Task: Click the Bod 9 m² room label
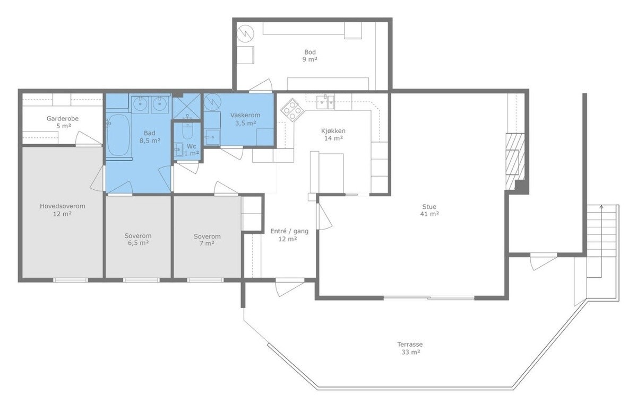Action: point(310,56)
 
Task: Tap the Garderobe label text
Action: point(63,118)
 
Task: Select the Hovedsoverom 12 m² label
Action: point(62,209)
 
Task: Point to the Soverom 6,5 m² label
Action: point(138,239)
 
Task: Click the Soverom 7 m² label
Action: point(207,240)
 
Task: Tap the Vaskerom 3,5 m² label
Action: point(245,119)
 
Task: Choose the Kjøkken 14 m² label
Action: point(333,134)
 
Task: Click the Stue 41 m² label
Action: point(429,210)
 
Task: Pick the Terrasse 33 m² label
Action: point(410,348)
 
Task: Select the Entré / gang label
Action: point(289,231)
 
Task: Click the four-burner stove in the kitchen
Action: point(292,109)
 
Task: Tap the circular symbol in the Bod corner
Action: point(245,34)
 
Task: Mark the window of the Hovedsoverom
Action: point(71,280)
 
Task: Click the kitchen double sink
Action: point(326,102)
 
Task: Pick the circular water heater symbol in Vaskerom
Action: point(212,102)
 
